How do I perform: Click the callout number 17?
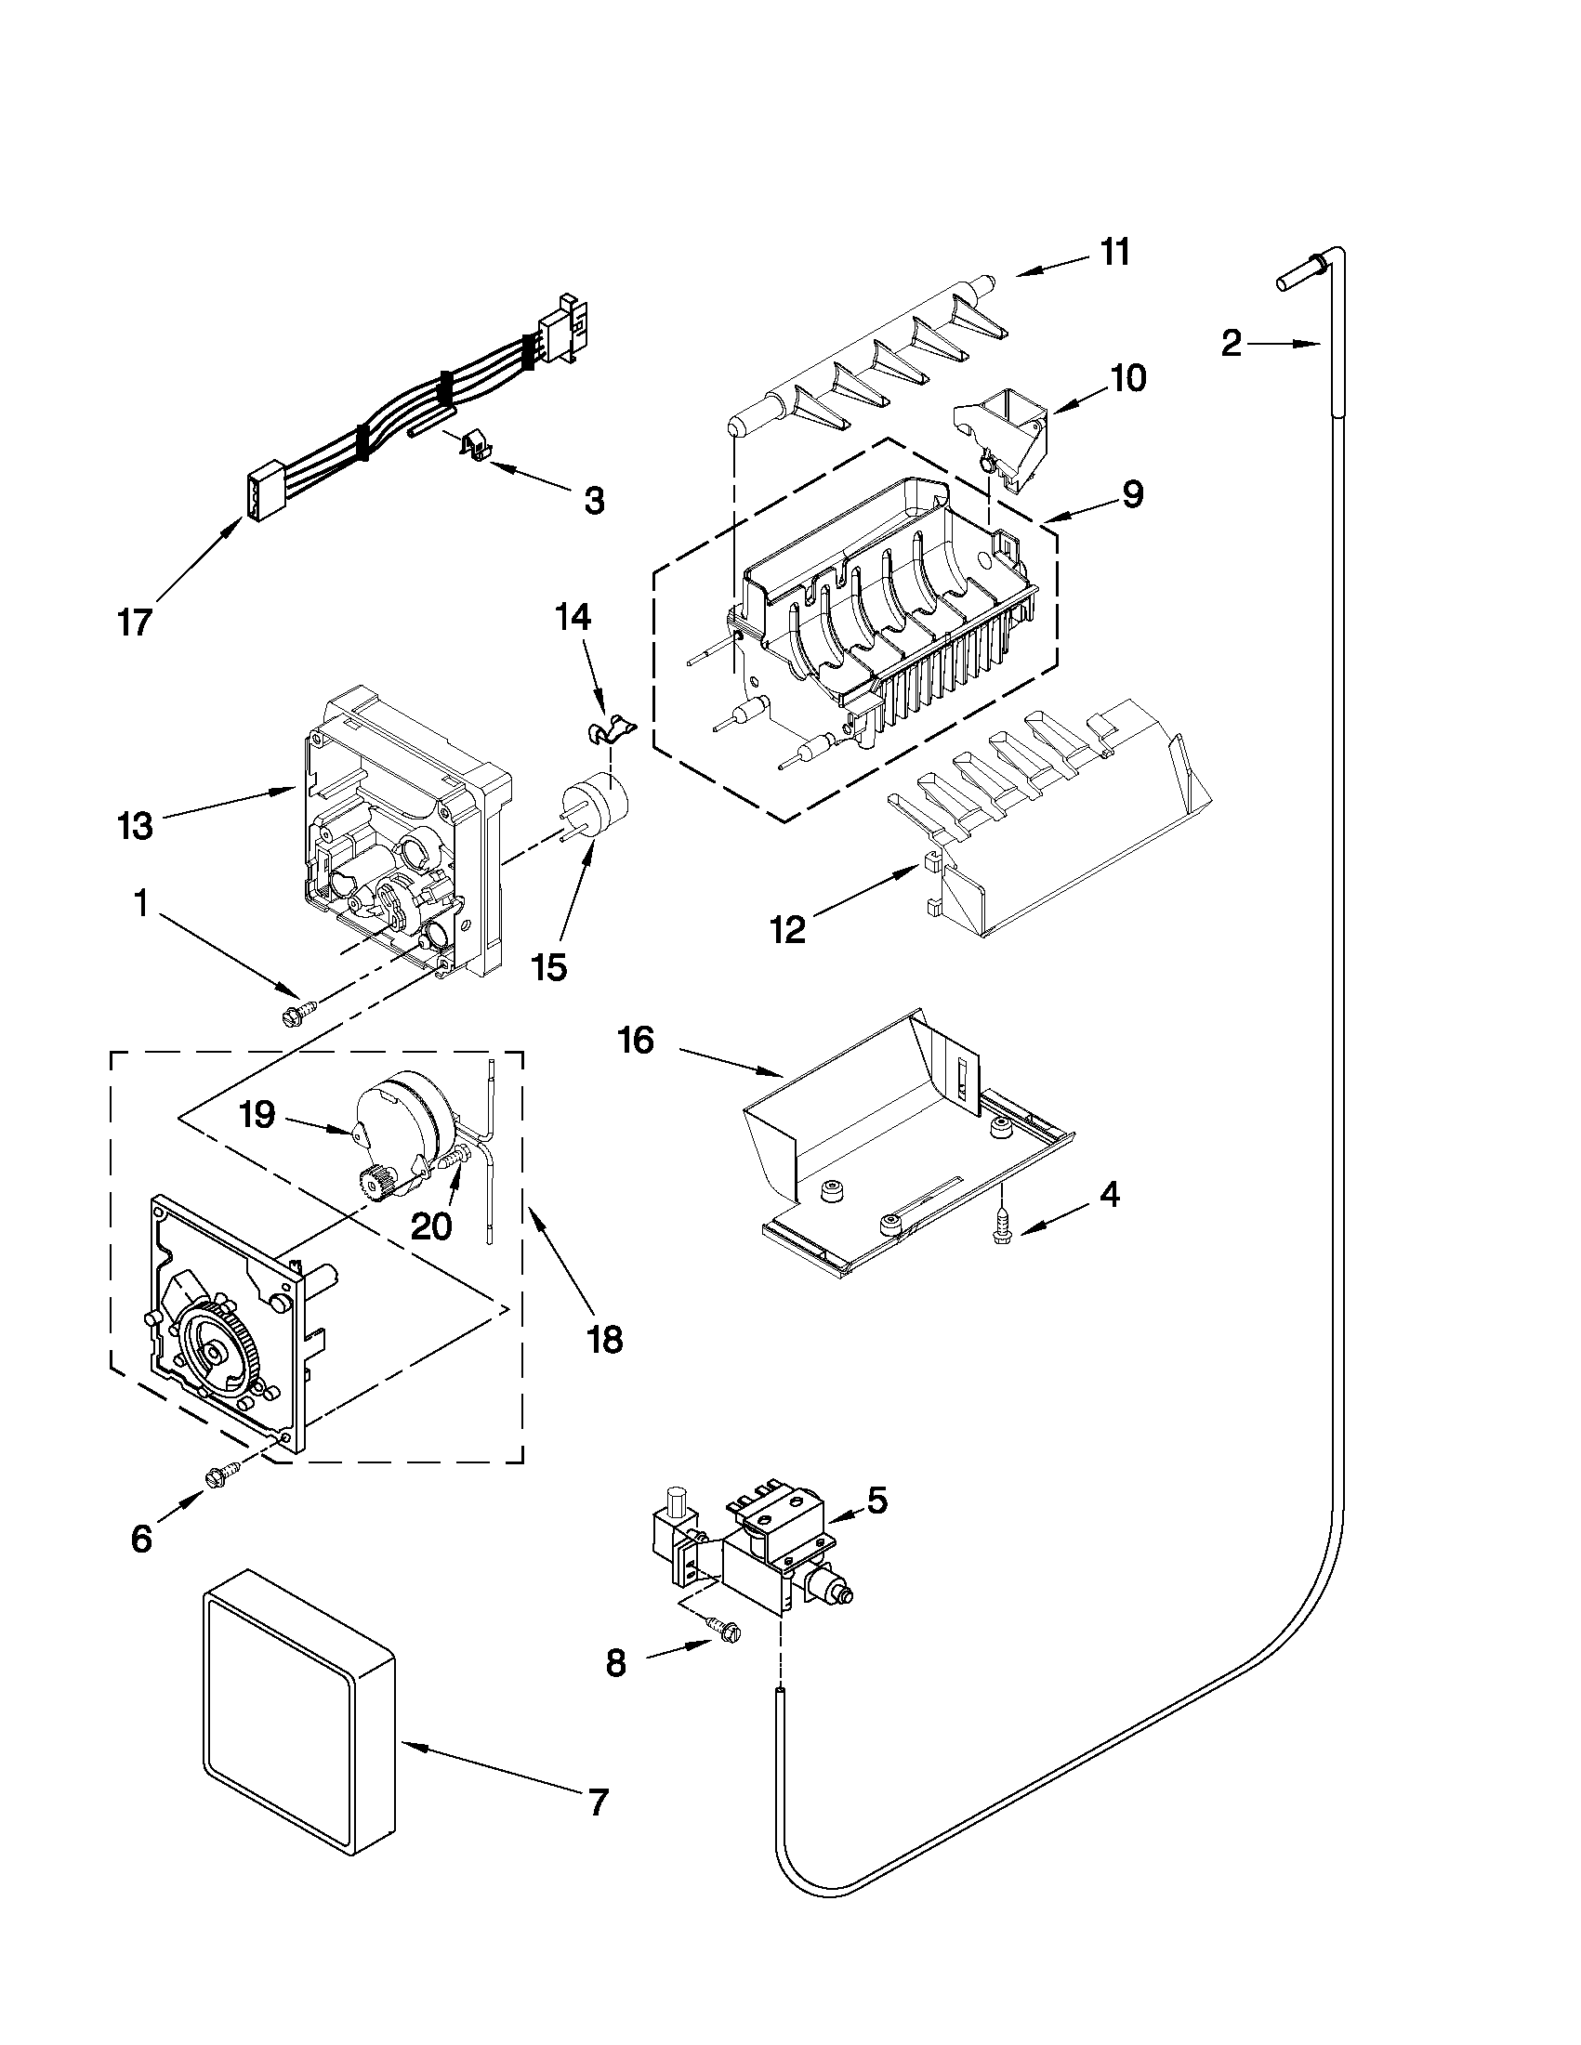point(136,623)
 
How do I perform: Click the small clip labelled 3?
point(477,446)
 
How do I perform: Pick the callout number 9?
point(1132,494)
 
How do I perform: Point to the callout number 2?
point(1231,344)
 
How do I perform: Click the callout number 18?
point(606,1340)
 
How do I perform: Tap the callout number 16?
point(636,1041)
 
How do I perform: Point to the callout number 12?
point(787,930)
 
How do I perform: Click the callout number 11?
point(1114,252)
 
